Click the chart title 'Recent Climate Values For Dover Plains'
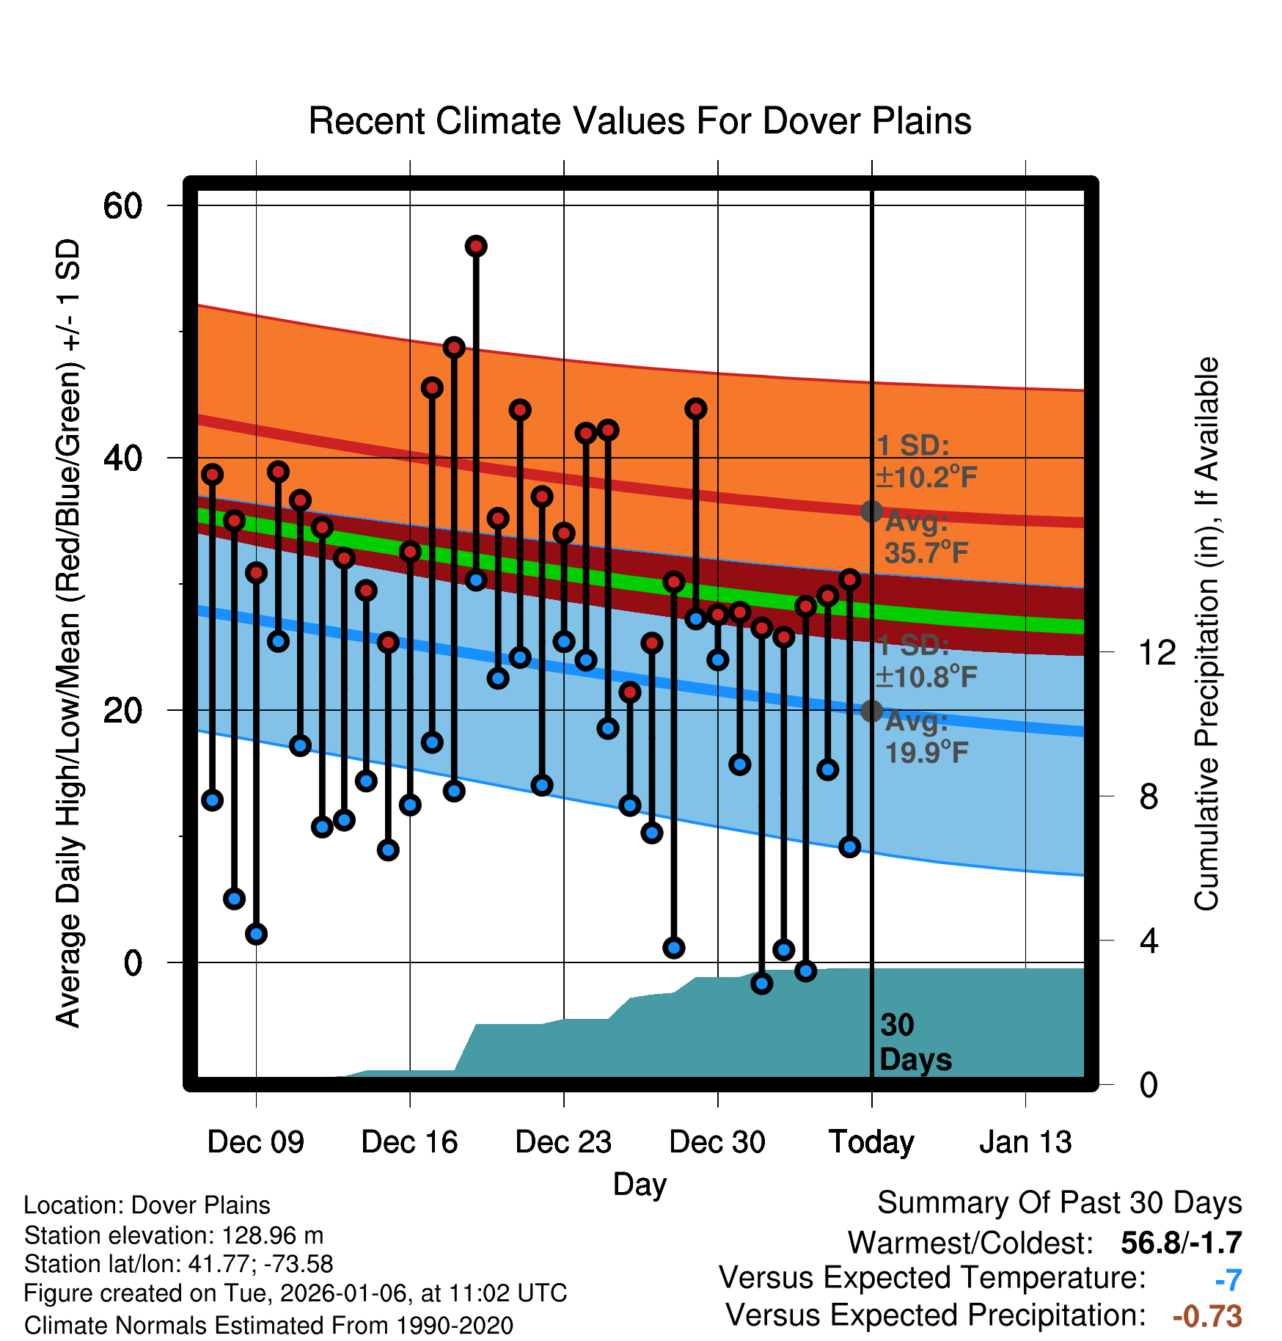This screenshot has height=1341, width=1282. pos(640,121)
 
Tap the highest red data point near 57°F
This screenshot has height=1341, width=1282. pos(476,246)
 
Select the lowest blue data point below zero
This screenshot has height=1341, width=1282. pos(762,984)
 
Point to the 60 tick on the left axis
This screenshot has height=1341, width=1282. pos(122,205)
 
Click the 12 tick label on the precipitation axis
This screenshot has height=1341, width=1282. pos(1157,652)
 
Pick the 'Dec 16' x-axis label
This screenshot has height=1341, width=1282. pos(409,1141)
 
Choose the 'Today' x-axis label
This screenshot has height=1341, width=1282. pos(871,1141)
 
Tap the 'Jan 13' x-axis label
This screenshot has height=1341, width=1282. pos(1025,1141)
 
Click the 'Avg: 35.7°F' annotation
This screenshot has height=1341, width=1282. pos(926,538)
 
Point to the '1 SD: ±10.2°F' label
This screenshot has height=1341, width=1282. pos(926,461)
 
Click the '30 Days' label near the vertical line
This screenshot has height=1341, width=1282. pos(915,1042)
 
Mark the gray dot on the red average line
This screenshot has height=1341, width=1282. pos(871,511)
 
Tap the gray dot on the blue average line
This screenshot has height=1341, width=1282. pos(871,711)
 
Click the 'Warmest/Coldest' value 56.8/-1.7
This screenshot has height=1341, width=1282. pos(1181,1243)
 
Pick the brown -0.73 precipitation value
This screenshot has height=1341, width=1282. pos(1207,1316)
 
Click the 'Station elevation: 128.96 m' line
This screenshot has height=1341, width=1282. pos(174,1235)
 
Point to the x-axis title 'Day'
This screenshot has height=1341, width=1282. pos(640,1184)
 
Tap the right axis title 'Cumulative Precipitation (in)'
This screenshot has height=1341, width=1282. pos(1206,635)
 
